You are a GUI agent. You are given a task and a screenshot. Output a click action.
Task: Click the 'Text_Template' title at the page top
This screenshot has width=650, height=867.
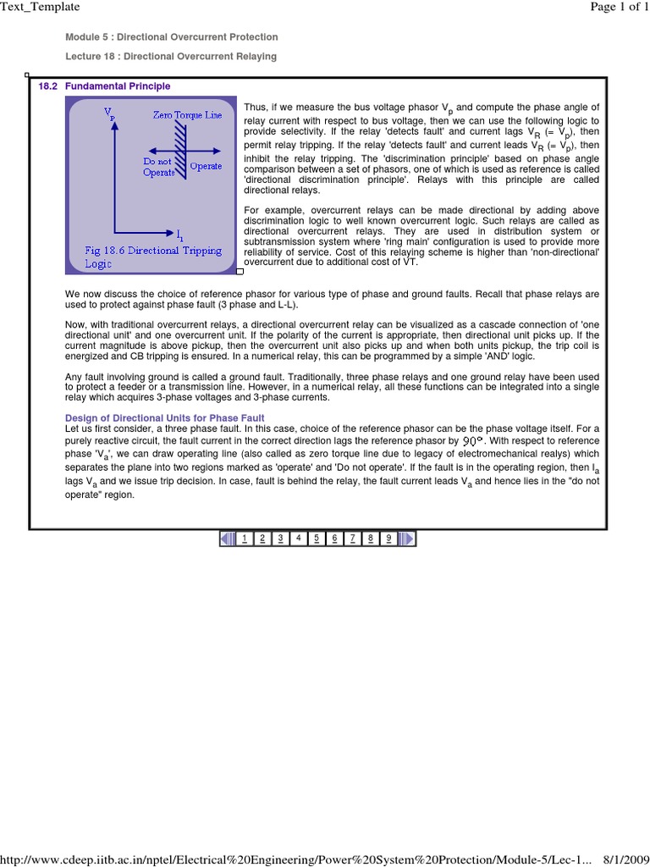(x=40, y=7)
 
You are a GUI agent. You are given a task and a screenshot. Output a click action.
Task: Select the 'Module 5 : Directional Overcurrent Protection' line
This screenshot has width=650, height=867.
(x=172, y=37)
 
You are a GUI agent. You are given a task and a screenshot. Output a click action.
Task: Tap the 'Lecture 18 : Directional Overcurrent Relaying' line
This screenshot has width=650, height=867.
(x=171, y=56)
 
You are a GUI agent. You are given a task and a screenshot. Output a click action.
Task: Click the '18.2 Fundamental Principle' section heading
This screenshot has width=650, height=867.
(x=104, y=86)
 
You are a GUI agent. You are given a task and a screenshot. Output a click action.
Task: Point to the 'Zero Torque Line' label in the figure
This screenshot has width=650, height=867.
(x=187, y=114)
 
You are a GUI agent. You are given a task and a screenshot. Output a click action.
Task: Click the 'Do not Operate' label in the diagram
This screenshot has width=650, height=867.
(x=158, y=166)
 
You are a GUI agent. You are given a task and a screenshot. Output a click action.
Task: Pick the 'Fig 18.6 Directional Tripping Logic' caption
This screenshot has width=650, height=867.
(x=152, y=257)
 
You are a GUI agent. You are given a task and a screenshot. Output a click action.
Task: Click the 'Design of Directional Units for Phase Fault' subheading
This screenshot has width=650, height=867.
(x=165, y=418)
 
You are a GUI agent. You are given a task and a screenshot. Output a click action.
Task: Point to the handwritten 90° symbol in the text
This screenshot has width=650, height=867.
(x=472, y=441)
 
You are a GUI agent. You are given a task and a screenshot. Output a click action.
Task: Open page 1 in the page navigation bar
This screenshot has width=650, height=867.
(x=245, y=538)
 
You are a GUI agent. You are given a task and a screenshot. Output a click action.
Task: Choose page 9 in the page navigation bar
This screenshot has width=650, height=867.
(x=388, y=538)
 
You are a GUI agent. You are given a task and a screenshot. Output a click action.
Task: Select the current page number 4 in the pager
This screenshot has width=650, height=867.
(x=298, y=538)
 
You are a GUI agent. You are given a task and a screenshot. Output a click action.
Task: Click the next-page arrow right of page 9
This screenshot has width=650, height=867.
(x=406, y=538)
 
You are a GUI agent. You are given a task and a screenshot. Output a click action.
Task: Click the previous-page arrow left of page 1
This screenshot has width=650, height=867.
(x=227, y=538)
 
